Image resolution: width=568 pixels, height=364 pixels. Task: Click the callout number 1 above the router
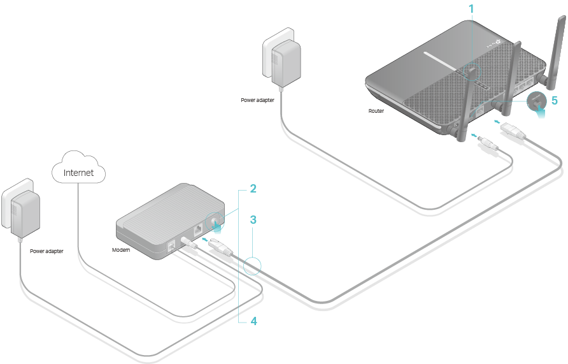pos(472,9)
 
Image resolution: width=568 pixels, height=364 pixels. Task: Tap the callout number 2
pos(253,189)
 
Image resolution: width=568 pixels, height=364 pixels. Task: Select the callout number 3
pos(253,220)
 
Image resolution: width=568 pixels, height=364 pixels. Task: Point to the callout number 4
pos(253,321)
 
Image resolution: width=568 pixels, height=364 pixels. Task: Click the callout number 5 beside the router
pos(554,100)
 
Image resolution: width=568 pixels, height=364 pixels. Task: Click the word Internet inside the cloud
pos(78,172)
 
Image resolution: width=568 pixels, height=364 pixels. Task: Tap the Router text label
pos(376,111)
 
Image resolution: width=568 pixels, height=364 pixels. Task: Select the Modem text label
pos(121,250)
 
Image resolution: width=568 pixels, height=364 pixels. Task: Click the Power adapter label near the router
pos(257,100)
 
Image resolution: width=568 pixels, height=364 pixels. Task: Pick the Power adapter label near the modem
pos(46,252)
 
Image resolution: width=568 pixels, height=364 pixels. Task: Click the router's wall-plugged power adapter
pos(283,61)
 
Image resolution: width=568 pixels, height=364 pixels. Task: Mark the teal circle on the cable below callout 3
pos(252,265)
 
